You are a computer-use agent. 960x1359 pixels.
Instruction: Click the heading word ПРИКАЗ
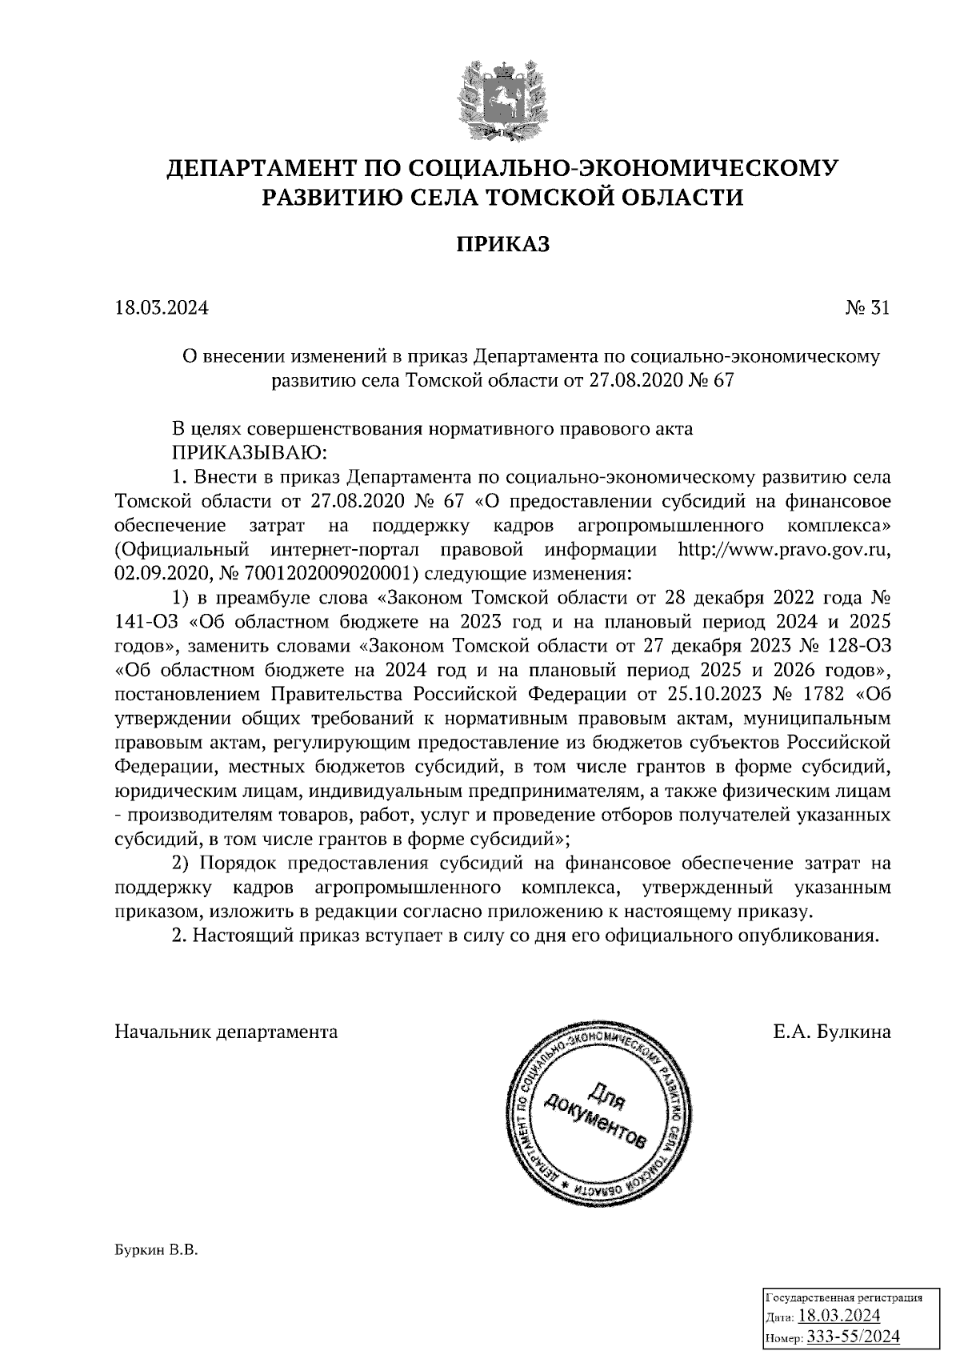pyautogui.click(x=503, y=244)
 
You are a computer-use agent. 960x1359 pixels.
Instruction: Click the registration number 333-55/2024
pyautogui.click(x=854, y=1337)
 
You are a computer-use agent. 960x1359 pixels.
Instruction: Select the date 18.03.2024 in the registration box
pyautogui.click(x=840, y=1317)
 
